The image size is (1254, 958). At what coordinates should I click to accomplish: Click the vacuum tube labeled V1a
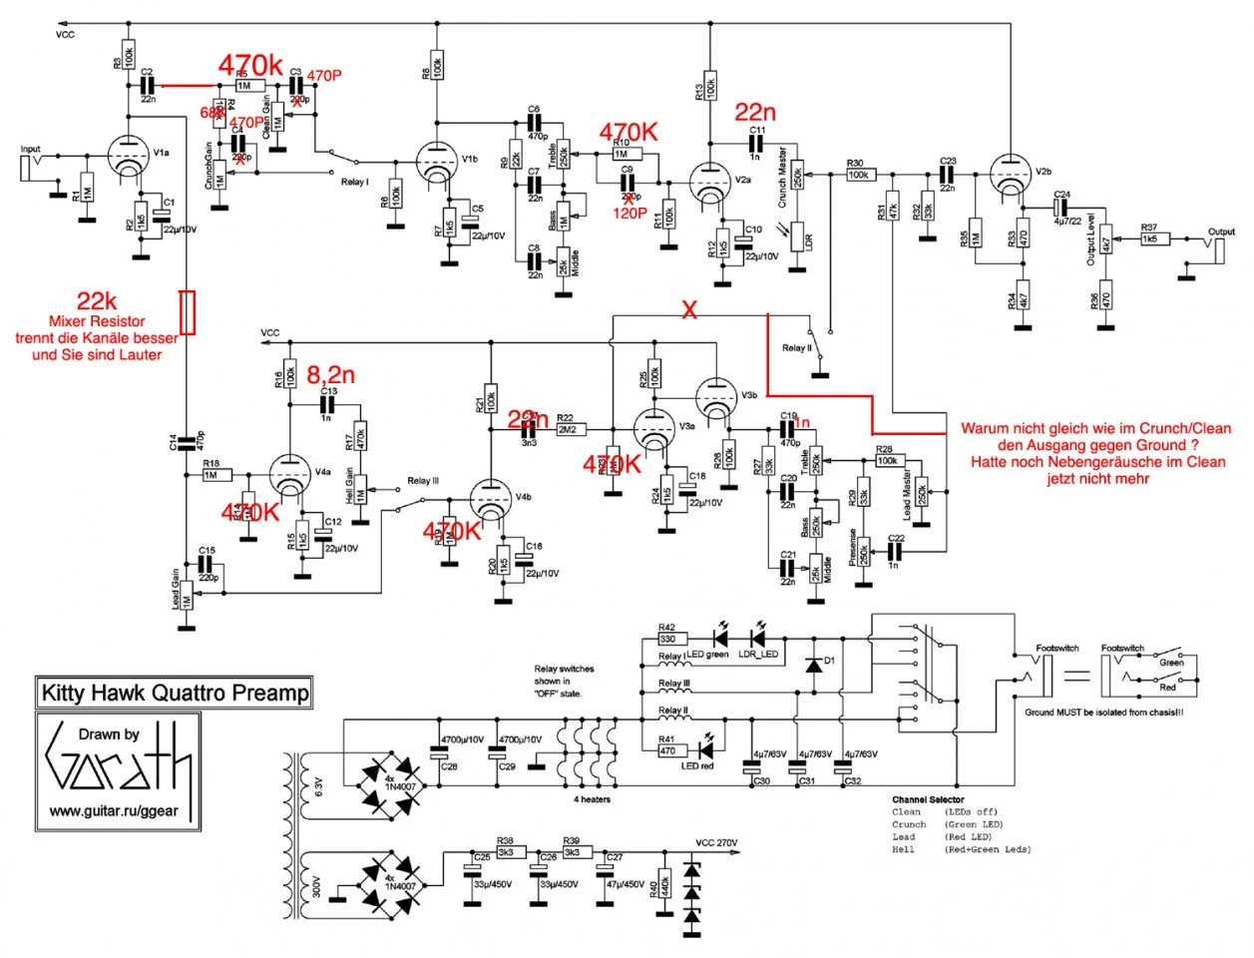click(x=128, y=160)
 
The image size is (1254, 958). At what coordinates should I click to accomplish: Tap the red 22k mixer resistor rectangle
click(x=188, y=311)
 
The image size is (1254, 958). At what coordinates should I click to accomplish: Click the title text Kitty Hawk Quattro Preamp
click(x=175, y=692)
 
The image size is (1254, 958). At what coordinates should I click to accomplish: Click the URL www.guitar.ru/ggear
click(x=114, y=810)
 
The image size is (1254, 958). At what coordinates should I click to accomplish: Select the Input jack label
click(x=31, y=150)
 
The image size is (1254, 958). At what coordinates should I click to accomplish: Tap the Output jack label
click(x=1221, y=232)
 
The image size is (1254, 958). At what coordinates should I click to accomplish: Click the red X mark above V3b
click(x=688, y=310)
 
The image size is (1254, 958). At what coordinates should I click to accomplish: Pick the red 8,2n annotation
click(x=330, y=375)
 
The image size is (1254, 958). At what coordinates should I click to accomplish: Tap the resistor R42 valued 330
click(x=667, y=638)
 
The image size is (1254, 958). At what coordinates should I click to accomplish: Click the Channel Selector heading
click(x=928, y=799)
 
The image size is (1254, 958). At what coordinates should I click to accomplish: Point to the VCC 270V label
click(x=716, y=843)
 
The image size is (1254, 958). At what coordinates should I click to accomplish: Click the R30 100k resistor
click(x=858, y=175)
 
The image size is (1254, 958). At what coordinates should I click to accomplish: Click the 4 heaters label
click(x=592, y=799)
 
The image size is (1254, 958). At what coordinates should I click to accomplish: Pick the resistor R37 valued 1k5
click(x=1149, y=239)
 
